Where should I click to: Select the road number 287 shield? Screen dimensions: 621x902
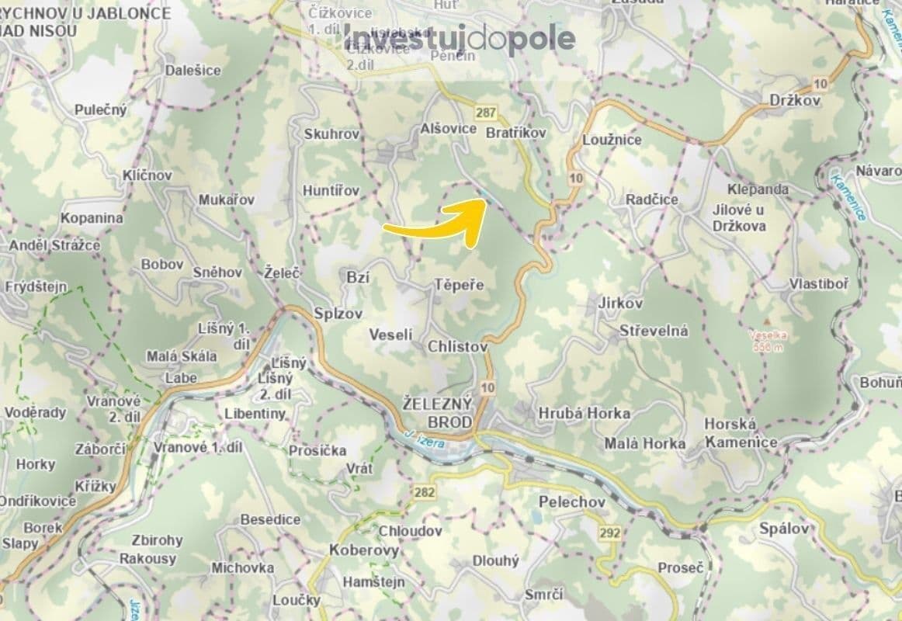487,113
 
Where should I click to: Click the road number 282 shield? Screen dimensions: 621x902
425,492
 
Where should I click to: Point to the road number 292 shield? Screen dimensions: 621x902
609,533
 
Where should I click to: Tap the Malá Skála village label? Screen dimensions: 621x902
182,356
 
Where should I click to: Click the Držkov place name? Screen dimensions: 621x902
793,102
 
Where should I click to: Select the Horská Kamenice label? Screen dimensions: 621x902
741,433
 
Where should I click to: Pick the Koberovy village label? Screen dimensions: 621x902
364,550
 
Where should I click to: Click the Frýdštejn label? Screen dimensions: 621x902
36,286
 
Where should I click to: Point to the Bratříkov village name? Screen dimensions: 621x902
516,134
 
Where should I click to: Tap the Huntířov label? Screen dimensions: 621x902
331,190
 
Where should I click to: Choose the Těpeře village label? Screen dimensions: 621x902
459,285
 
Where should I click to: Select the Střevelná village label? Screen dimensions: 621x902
654,331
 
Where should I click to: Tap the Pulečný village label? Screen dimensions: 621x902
101,109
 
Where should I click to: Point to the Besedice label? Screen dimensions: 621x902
271,519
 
